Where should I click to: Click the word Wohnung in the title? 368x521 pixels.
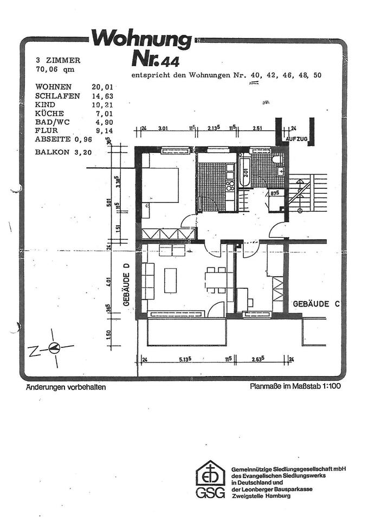[x=141, y=40]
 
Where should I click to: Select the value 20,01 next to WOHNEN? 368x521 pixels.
[x=103, y=87]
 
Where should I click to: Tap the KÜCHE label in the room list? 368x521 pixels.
[x=49, y=113]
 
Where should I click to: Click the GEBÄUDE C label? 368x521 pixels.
[x=316, y=304]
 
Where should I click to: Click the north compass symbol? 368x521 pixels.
[x=53, y=349]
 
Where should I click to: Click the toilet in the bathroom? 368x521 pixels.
[x=277, y=159]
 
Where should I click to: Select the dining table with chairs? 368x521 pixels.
[x=215, y=280]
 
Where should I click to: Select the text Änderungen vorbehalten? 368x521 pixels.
[x=65, y=387]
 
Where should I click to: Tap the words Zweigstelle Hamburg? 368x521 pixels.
[x=260, y=496]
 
